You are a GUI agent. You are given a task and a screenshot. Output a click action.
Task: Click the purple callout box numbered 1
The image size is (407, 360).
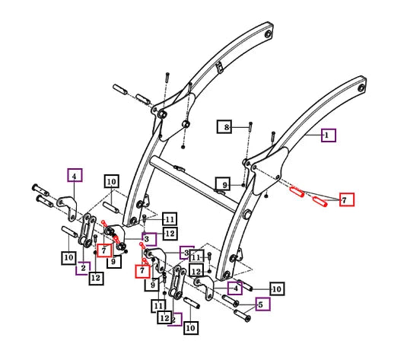[329, 135]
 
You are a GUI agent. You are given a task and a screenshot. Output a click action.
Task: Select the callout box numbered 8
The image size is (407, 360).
[224, 127]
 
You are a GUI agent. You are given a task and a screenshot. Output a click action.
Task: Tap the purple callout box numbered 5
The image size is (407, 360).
[262, 304]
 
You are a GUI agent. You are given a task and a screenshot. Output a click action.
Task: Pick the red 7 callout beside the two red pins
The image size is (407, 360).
[347, 199]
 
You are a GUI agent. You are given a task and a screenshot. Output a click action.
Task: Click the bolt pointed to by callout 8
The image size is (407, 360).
[250, 126]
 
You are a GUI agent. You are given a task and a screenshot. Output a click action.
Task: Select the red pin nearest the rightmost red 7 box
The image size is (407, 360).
[320, 202]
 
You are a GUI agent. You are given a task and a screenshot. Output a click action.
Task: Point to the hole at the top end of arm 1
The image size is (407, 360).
[361, 88]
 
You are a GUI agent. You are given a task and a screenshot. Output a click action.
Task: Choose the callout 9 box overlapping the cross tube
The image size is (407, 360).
[223, 184]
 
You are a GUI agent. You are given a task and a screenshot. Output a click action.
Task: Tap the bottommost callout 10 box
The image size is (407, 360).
[191, 328]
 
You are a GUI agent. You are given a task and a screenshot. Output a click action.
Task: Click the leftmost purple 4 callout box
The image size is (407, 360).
[75, 175]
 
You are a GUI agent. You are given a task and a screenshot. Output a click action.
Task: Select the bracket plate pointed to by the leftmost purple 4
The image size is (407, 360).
[67, 207]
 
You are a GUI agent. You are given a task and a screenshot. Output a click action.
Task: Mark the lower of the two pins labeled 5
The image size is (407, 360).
[242, 316]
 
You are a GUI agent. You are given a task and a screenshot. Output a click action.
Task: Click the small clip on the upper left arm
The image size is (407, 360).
[220, 68]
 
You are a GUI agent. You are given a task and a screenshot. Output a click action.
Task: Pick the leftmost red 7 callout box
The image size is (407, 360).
[104, 250]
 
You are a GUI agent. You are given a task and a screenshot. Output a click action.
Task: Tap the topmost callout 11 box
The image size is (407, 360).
[170, 219]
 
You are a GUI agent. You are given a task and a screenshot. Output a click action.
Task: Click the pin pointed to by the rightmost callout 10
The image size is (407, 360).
[244, 285]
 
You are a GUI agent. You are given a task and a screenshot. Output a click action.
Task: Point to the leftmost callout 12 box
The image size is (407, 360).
[96, 278]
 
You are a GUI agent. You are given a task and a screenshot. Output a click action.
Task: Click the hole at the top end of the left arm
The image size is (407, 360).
[268, 33]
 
